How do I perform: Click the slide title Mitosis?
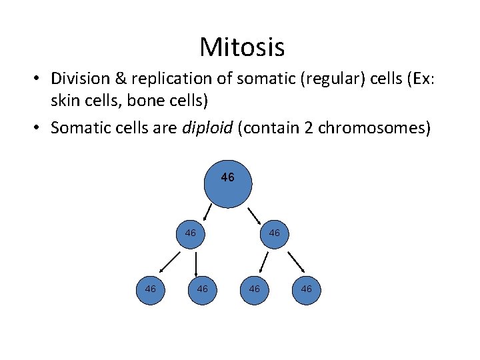point(241,47)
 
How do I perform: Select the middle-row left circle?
point(191,233)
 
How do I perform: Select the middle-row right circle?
point(274,233)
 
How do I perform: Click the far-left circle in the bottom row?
point(150,289)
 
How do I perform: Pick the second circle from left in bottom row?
point(202,289)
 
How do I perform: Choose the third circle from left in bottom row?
point(254,289)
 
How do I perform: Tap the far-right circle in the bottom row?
point(306,289)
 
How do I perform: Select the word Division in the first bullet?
point(79,79)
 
